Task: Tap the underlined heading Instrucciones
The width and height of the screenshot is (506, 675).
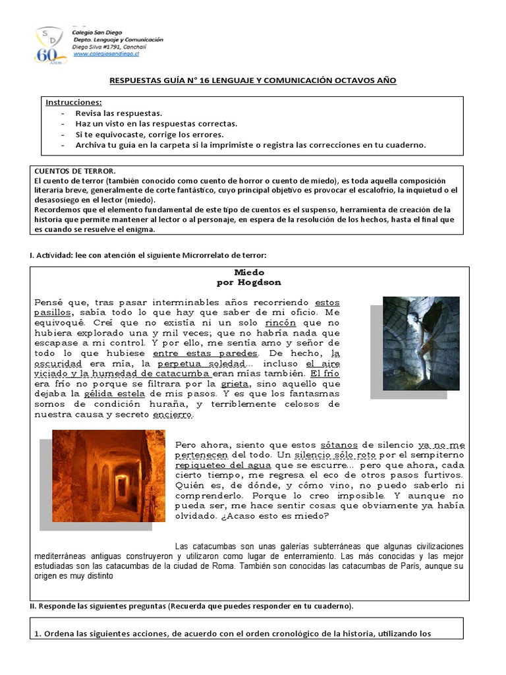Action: (74, 103)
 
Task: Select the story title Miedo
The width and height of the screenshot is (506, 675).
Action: (249, 272)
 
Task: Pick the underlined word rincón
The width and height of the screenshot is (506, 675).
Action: (281, 323)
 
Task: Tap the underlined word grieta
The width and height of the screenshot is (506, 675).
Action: (235, 384)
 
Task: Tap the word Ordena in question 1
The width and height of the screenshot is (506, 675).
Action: (59, 634)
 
